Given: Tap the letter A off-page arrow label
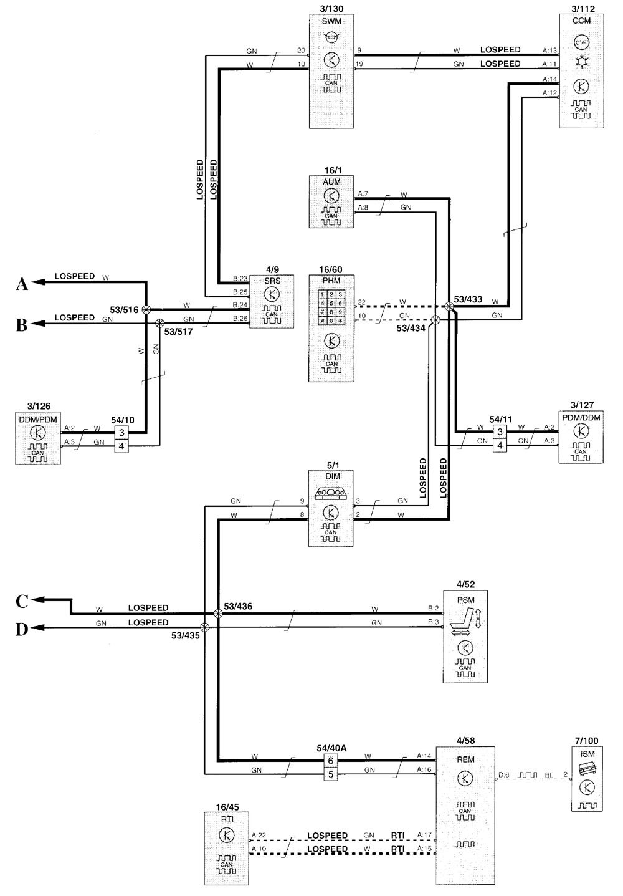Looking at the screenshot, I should click(21, 284).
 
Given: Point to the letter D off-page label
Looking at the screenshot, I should click(21, 630).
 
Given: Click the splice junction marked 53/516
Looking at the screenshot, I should click(146, 309).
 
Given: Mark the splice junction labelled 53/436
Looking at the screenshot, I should click(217, 614).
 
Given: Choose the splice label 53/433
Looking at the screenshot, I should click(468, 299).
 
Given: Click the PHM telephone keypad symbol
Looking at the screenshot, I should click(331, 307).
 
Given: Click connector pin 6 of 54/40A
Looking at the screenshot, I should click(331, 760).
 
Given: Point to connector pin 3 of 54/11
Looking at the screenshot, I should click(500, 431).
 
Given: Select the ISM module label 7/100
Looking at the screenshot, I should click(586, 741).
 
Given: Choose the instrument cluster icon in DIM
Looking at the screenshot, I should click(331, 492).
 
